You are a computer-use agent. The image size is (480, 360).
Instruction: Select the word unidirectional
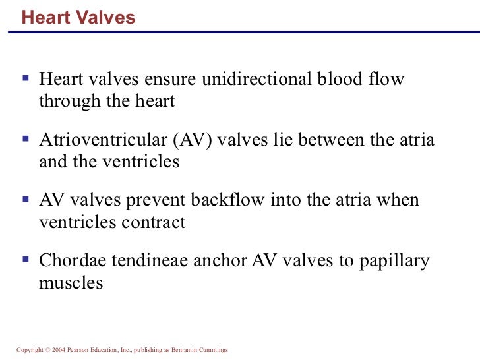(x=256, y=80)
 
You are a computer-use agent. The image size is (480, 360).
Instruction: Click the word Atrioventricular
(x=105, y=140)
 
